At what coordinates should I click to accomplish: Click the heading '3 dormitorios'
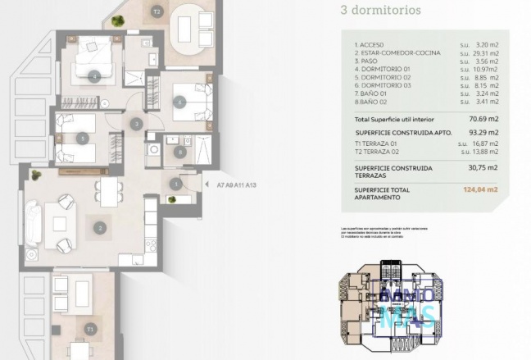click(x=380, y=11)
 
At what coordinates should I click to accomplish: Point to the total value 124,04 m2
click(x=480, y=189)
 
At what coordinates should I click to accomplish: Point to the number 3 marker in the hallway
click(x=136, y=123)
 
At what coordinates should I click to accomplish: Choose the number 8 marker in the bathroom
click(x=179, y=151)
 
